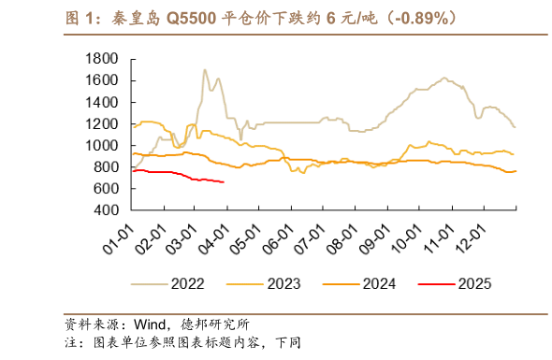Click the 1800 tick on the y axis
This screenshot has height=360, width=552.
click(x=100, y=59)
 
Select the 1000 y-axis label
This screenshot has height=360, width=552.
click(x=100, y=146)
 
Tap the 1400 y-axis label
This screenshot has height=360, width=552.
click(x=100, y=102)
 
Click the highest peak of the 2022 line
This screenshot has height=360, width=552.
click(x=203, y=69)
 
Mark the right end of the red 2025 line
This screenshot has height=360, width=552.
click(x=224, y=182)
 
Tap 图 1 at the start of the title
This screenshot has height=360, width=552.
click(x=79, y=18)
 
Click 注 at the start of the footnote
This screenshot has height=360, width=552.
click(x=70, y=343)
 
